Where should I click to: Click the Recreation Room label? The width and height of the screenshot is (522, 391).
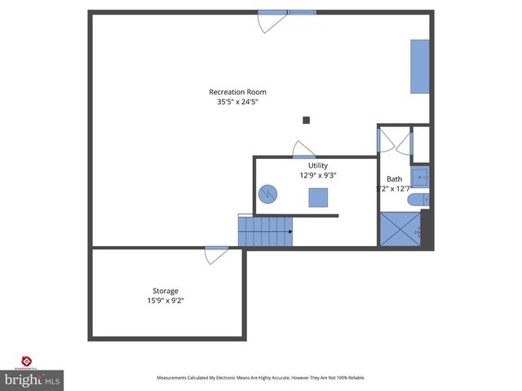click(237, 92)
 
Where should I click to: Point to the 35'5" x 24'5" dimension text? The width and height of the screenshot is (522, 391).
click(237, 103)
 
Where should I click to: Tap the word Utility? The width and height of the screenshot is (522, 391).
click(318, 165)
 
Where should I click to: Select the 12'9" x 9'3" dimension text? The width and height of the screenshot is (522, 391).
click(318, 175)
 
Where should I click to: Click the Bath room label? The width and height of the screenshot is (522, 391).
click(394, 179)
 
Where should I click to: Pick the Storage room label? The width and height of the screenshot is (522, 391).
click(166, 291)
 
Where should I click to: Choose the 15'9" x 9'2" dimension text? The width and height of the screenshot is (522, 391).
click(166, 301)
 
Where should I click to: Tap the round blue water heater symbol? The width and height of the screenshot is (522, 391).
click(268, 195)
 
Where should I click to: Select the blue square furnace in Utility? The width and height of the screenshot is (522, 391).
click(318, 198)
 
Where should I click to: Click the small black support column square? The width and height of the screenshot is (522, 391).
click(307, 120)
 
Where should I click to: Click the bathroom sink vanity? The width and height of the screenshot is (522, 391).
click(420, 175)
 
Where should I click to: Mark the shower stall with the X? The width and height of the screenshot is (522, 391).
click(400, 228)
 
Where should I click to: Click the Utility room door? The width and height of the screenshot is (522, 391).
click(303, 150)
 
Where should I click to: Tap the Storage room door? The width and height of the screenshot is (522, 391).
click(216, 254)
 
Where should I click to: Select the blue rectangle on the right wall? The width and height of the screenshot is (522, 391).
click(419, 65)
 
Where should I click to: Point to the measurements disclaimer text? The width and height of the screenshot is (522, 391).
click(261, 378)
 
